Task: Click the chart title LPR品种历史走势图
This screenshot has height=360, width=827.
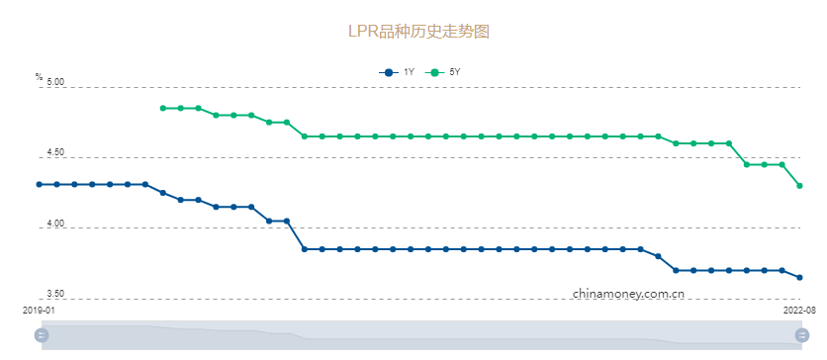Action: pyautogui.click(x=418, y=31)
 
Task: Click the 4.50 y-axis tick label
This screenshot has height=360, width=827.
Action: pyautogui.click(x=54, y=154)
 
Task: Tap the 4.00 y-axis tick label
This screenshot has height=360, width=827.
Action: pyautogui.click(x=54, y=225)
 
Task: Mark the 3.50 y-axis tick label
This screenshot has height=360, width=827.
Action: pyautogui.click(x=54, y=295)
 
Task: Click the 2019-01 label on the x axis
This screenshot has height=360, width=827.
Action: pyautogui.click(x=39, y=311)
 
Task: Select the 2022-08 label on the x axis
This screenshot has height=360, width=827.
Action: pyautogui.click(x=799, y=311)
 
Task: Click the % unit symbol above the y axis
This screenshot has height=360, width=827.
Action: pyautogui.click(x=39, y=77)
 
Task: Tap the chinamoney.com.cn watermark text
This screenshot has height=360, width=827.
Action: pyautogui.click(x=628, y=294)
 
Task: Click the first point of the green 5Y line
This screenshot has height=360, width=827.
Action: pyautogui.click(x=163, y=108)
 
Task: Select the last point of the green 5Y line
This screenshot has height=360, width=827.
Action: pyautogui.click(x=799, y=186)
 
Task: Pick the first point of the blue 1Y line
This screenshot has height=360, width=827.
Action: pyautogui.click(x=40, y=184)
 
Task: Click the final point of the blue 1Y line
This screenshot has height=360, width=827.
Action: pyautogui.click(x=799, y=278)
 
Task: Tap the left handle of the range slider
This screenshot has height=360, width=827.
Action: pyautogui.click(x=42, y=335)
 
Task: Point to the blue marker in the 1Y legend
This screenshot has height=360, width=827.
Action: pyautogui.click(x=389, y=72)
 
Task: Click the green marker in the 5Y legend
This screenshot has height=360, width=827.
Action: pyautogui.click(x=433, y=72)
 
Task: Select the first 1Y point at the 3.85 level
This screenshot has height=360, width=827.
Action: pyautogui.click(x=305, y=249)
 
